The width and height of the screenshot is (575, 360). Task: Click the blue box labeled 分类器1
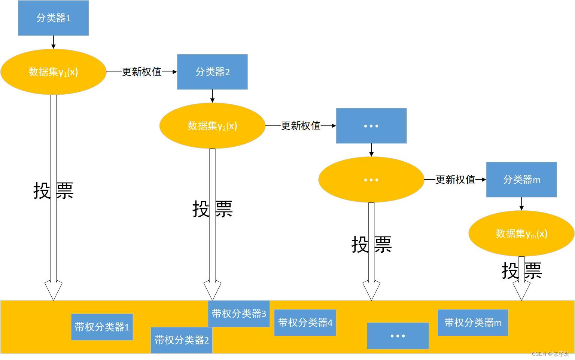[53, 18]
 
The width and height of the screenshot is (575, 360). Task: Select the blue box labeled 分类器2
[212, 72]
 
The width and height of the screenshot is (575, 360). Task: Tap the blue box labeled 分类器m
[521, 180]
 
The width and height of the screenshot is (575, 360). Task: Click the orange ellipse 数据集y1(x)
[53, 72]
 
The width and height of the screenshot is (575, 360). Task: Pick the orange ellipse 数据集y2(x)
[212, 126]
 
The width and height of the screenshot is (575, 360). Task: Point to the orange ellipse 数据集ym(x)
[521, 234]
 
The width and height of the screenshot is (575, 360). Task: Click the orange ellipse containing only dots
[371, 180]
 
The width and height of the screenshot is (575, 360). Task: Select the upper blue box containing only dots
[371, 126]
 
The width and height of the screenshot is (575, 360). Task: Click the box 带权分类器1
[102, 327]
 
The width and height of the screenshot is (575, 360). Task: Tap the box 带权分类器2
[182, 340]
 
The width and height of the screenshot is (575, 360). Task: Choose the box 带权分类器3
[239, 314]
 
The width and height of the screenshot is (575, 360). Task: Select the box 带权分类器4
[305, 323]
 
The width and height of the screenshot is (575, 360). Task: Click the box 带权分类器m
[472, 323]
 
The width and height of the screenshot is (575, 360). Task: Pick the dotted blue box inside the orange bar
[398, 336]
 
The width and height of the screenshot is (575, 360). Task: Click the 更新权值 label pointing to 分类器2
[142, 72]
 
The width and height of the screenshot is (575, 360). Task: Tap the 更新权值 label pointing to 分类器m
[455, 180]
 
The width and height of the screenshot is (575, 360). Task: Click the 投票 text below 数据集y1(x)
[53, 190]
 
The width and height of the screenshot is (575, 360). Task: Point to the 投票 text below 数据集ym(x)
[521, 271]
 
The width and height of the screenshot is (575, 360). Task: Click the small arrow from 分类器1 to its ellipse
[53, 42]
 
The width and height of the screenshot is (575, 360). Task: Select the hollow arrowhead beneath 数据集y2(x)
[212, 290]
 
